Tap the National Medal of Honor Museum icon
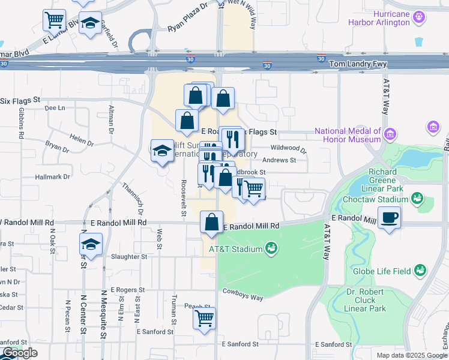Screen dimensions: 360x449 pos(391,133)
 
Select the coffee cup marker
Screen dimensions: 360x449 pos(389,218)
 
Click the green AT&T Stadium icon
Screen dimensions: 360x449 pos(271,248)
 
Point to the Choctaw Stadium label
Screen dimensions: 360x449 pos(376,199)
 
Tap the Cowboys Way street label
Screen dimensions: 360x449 pos(243,294)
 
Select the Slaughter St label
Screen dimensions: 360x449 pos(129,256)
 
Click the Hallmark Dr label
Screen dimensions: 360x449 pos(52,177)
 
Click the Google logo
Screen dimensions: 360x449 pos(19,353)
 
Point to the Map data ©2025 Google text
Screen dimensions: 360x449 pos(411,355)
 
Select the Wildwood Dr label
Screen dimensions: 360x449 pos(288,148)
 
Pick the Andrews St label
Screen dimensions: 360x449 pos(279,160)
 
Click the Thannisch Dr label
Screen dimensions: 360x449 pos(133,199)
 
